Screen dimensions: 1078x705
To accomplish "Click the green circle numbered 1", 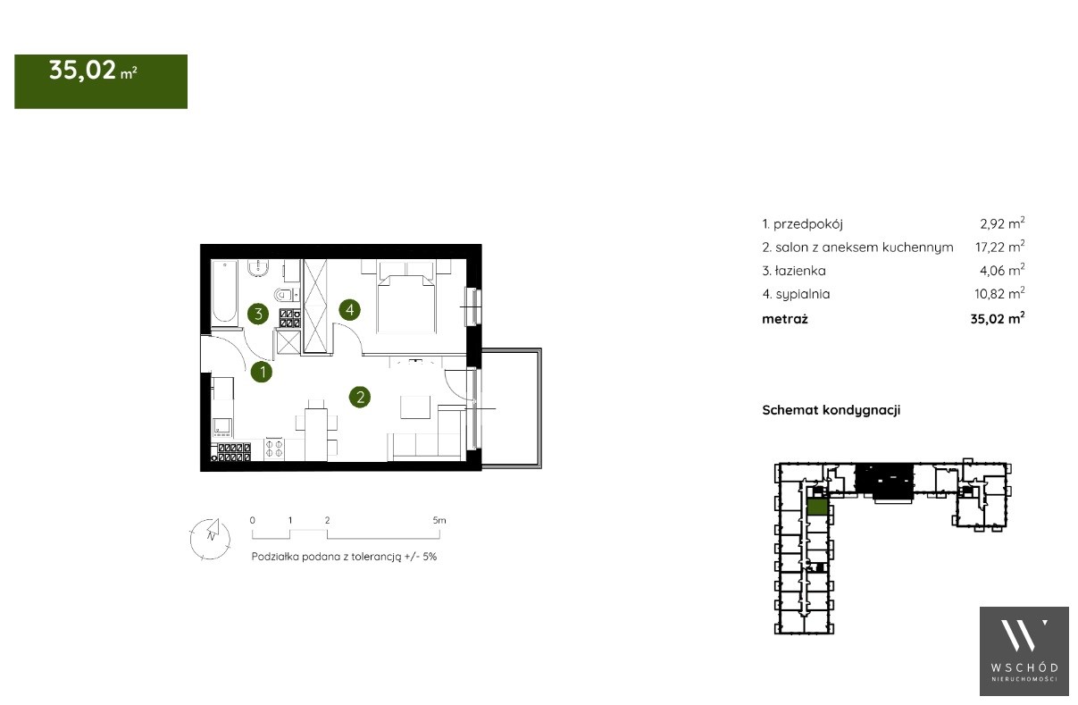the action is click(262, 373).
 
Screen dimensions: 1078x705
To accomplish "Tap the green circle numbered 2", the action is click(360, 398).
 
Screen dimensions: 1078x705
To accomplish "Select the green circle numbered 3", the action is click(258, 314).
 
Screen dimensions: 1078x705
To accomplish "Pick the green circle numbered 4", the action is click(350, 310).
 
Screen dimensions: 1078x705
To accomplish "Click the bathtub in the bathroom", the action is click(224, 292).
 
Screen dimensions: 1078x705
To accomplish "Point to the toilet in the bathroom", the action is click(283, 294).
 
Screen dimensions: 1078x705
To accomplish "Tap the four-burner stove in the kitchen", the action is click(274, 449).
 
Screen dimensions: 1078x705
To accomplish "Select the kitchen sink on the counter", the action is click(222, 427).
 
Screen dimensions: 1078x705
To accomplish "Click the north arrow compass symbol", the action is click(210, 539).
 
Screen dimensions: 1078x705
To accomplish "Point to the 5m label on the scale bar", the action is click(439, 521).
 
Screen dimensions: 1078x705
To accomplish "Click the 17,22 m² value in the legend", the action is click(1000, 247).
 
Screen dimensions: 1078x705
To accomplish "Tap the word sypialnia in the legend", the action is click(803, 294).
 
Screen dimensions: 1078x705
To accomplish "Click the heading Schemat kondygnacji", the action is click(831, 410).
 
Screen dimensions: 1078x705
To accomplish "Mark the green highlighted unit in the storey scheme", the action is click(817, 508).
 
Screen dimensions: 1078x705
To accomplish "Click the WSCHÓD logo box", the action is click(1024, 651).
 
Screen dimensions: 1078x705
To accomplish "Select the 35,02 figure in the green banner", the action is click(82, 71).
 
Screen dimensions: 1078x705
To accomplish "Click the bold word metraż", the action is click(785, 319).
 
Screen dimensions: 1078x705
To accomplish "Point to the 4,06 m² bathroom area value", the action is click(1002, 270).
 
